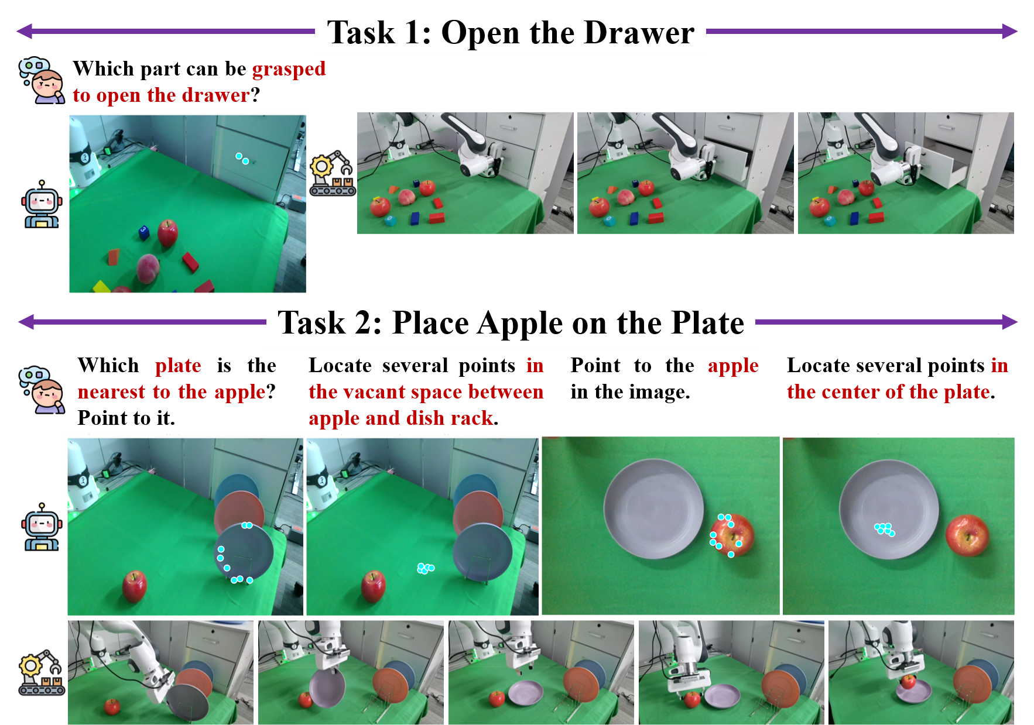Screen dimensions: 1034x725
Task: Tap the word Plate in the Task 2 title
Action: click(x=707, y=323)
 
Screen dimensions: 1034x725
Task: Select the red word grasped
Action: click(x=289, y=70)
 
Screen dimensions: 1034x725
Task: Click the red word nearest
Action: click(x=112, y=391)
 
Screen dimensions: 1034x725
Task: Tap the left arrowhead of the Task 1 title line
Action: click(x=25, y=31)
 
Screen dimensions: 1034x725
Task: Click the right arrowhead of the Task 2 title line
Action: click(x=1009, y=322)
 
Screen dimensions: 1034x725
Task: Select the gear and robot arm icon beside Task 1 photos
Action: click(x=333, y=173)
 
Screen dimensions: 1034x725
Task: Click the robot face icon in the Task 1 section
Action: click(x=42, y=204)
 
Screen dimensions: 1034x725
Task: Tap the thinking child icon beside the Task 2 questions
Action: click(x=41, y=390)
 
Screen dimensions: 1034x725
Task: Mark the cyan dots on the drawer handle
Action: click(x=242, y=159)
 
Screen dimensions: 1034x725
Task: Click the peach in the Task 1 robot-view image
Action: click(x=148, y=269)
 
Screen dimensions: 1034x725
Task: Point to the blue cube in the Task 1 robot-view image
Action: click(x=144, y=232)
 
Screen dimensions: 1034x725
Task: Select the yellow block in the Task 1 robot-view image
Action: click(x=101, y=287)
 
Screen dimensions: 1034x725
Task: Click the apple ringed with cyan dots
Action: click(x=732, y=534)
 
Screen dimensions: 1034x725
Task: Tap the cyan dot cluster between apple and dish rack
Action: click(x=426, y=568)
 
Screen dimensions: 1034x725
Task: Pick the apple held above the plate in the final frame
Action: click(x=908, y=682)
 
